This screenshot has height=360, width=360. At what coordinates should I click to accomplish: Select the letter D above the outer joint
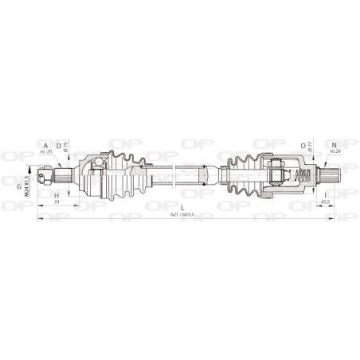coord(58,144)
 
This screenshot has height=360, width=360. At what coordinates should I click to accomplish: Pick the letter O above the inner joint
coord(303,145)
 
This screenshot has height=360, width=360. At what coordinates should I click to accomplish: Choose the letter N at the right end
coord(334,144)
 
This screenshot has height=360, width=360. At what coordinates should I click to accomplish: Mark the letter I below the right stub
coord(325,194)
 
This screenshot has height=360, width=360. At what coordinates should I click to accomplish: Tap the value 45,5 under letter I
coord(326,202)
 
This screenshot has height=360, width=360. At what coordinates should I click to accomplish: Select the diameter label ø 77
coord(311,147)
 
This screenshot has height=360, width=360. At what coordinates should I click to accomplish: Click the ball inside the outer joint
coord(94,165)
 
